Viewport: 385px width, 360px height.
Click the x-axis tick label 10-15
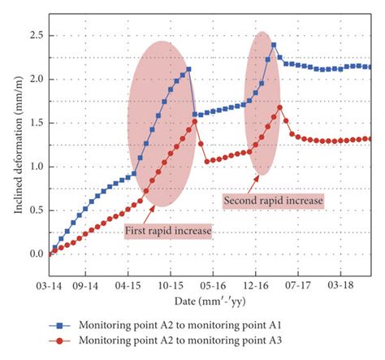(171, 287)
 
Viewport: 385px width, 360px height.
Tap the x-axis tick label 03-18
(338, 287)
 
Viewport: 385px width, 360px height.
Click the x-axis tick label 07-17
(296, 287)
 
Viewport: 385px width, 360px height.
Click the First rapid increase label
(168, 232)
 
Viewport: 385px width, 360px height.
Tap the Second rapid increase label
(272, 199)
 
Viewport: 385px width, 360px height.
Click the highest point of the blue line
(274, 45)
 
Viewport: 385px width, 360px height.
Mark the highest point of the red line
(280, 107)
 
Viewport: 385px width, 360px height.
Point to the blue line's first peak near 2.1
(188, 70)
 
